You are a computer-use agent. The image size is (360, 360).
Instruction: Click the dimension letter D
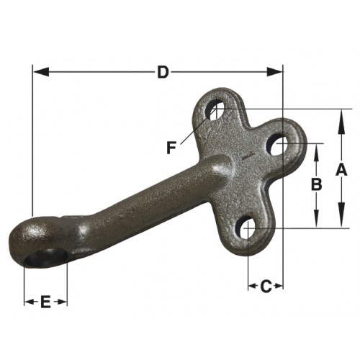[x=163, y=72]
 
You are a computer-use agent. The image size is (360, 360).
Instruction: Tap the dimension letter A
[x=341, y=169]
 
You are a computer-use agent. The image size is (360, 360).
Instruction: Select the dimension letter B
[x=317, y=184]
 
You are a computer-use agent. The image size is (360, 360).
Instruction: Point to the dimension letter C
[x=266, y=287]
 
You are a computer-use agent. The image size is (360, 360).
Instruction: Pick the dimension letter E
[x=45, y=302]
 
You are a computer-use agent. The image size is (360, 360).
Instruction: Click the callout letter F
[x=171, y=148]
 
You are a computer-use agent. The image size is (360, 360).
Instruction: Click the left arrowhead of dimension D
[x=41, y=72]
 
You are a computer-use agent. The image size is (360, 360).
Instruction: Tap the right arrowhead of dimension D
[x=275, y=72]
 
